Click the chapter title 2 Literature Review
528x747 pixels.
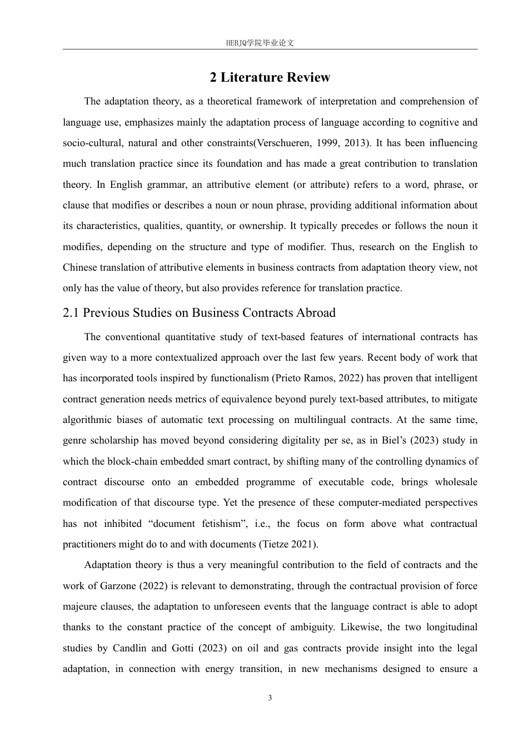[x=270, y=77]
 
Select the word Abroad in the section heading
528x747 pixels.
[x=316, y=313]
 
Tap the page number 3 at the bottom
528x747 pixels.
[x=270, y=698]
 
